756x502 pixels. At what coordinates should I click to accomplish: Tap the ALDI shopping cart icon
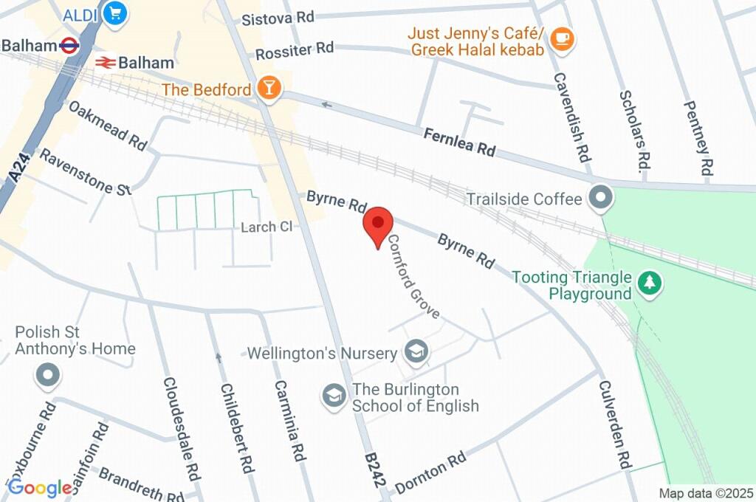[115, 13]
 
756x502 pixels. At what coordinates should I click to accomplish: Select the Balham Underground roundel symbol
[69, 45]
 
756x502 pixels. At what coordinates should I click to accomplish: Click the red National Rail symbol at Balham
[104, 63]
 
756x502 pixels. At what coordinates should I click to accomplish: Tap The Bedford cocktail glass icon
[269, 89]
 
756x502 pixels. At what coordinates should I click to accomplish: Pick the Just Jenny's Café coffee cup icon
[562, 39]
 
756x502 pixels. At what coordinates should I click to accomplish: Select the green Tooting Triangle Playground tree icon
[650, 282]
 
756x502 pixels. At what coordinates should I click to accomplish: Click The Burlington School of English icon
[334, 396]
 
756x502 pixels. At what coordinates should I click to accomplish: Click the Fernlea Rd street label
[458, 142]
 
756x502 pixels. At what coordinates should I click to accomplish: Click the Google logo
[40, 487]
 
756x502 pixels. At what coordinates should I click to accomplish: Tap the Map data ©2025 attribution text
[706, 493]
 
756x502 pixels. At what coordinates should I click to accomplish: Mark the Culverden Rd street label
[614, 425]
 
